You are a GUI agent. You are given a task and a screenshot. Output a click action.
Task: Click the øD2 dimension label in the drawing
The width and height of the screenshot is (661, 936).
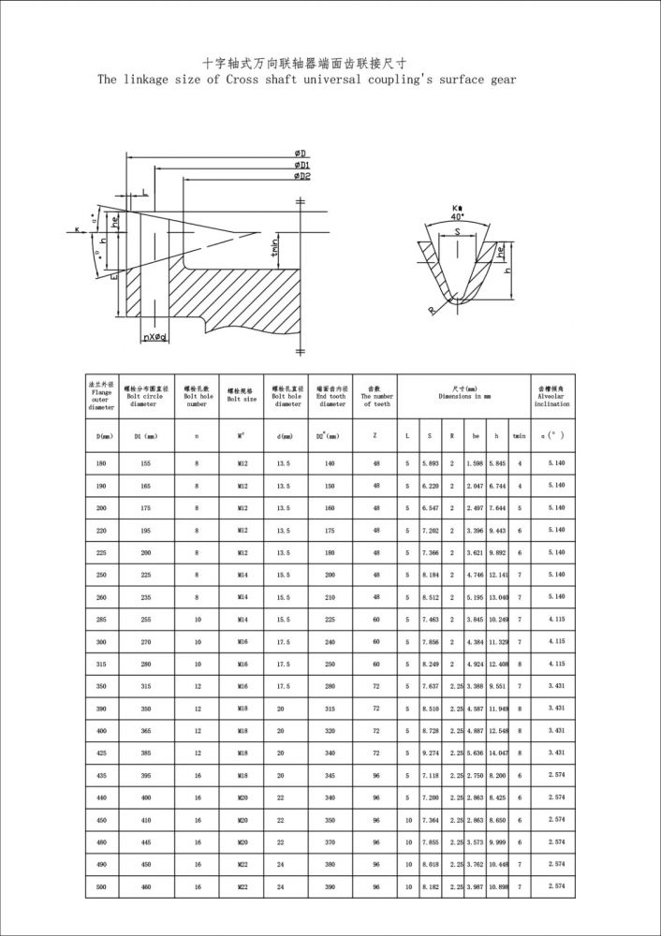pos(301,176)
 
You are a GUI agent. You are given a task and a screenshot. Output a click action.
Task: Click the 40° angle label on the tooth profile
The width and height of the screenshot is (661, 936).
pos(458,216)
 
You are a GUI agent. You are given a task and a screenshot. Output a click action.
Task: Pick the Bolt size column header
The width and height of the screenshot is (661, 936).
pos(242,395)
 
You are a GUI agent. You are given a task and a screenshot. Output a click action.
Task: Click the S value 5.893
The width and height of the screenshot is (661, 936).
pos(430,464)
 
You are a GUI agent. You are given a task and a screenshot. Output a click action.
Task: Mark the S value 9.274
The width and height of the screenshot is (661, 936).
pos(430,753)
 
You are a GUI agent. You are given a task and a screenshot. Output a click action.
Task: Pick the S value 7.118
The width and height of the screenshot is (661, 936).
pos(430,775)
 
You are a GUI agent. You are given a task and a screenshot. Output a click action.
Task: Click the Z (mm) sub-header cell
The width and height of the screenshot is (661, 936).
pos(376,435)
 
